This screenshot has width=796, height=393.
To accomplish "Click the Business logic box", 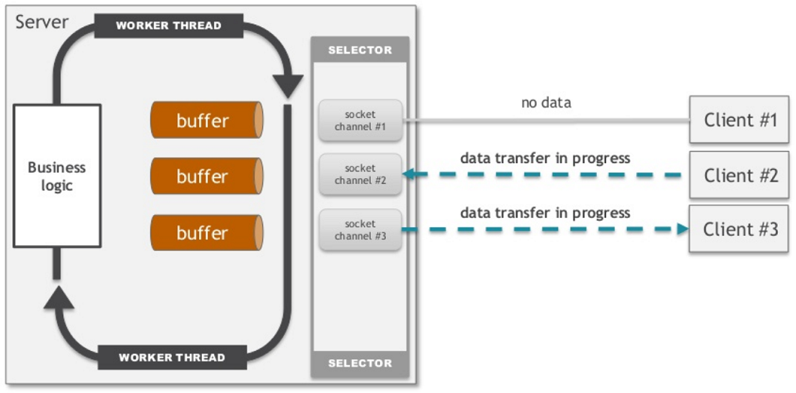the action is pos(57,177).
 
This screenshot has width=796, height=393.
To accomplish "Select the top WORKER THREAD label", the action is pos(169,26).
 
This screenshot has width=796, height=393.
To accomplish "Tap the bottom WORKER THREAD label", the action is pos(172,358).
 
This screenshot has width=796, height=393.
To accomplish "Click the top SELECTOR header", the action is pos(360,50).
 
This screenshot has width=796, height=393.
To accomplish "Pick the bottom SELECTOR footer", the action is pos(360,364).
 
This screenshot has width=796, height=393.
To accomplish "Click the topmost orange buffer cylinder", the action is pos(207,120).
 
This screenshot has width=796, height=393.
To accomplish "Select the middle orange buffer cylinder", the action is pos(207,177).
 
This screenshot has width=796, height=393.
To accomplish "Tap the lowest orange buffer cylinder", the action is pos(207,232).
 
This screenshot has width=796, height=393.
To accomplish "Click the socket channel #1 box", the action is pos(360,121).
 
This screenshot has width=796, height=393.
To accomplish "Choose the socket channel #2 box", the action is pos(360,174).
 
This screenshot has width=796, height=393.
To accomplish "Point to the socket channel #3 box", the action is pos(360,229).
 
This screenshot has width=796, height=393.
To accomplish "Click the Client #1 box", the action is pos(739,120).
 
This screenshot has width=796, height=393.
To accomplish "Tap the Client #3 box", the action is pos(739,229).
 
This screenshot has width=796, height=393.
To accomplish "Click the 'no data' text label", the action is pos(546,103).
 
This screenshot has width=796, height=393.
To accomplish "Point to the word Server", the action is pos(42,23).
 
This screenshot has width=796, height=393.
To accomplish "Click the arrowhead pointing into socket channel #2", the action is pos(411,175).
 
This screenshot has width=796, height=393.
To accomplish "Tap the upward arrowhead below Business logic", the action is pos(59,297).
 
